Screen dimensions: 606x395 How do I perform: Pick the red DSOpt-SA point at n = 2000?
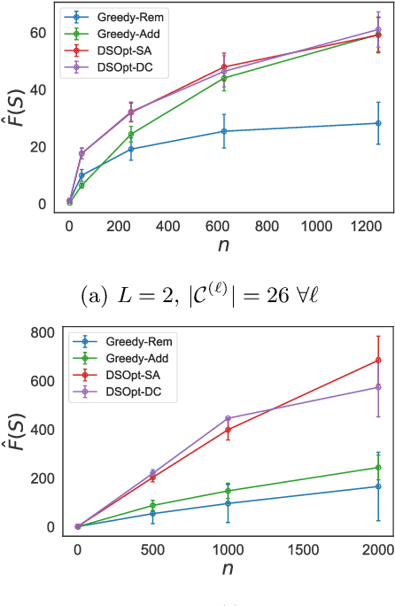pyautogui.click(x=378, y=360)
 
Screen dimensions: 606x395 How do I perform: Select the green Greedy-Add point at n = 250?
pyautogui.click(x=131, y=135)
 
